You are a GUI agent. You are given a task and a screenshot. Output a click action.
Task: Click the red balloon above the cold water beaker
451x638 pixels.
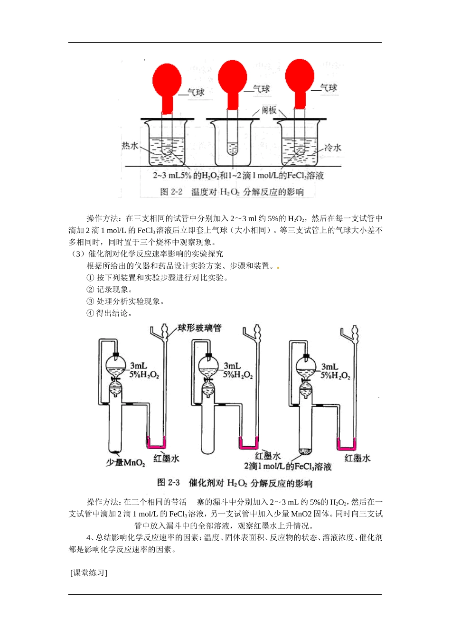(300, 76)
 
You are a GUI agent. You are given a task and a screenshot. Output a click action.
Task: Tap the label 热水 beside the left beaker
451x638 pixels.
(130, 145)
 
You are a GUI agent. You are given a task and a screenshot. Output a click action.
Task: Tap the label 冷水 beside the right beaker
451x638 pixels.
(333, 148)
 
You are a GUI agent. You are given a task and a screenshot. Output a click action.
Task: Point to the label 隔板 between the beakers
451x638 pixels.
(269, 110)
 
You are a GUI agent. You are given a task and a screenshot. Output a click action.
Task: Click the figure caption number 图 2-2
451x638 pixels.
(171, 192)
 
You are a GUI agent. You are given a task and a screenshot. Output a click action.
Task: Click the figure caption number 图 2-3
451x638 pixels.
(169, 483)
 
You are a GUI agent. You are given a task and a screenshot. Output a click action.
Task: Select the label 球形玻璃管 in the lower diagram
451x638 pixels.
(199, 328)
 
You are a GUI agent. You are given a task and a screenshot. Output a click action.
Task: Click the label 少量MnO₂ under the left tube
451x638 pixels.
(125, 462)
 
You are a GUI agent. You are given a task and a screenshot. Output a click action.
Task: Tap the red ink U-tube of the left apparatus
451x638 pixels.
(156, 445)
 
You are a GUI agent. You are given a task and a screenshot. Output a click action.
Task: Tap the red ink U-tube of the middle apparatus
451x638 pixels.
(248, 445)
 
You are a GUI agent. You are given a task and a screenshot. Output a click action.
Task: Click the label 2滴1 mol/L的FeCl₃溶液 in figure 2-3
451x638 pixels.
(288, 467)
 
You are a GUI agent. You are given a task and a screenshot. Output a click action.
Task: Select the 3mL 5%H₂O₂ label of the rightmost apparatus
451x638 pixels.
(335, 371)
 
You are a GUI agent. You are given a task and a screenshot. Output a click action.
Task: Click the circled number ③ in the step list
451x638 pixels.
(90, 301)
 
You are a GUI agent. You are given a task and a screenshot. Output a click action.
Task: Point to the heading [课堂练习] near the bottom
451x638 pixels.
(89, 572)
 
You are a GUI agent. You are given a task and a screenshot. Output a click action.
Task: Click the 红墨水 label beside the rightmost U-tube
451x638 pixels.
(357, 458)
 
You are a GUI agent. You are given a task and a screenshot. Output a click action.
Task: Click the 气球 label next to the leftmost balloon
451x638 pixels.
(196, 92)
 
